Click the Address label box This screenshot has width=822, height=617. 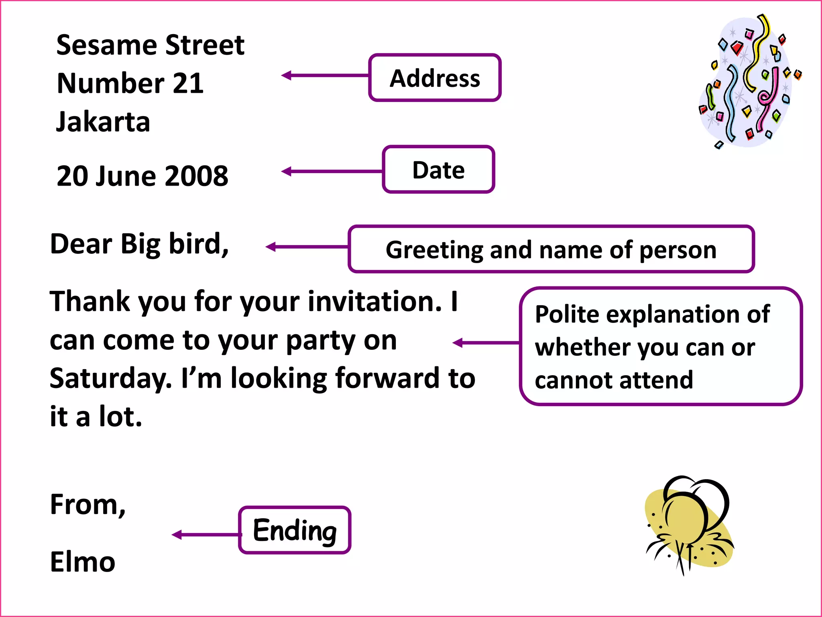435,78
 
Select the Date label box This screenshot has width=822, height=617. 438,170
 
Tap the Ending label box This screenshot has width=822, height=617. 295,530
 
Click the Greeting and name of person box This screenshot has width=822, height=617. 551,249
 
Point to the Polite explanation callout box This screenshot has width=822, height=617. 660,346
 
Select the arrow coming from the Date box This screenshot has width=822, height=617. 332,172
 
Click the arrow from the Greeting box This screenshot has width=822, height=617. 307,247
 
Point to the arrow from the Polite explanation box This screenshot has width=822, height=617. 486,343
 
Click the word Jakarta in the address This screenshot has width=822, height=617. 103,122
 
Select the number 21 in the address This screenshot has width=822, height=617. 188,84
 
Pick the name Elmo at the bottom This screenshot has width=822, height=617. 83,562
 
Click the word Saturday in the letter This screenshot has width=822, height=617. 110,378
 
